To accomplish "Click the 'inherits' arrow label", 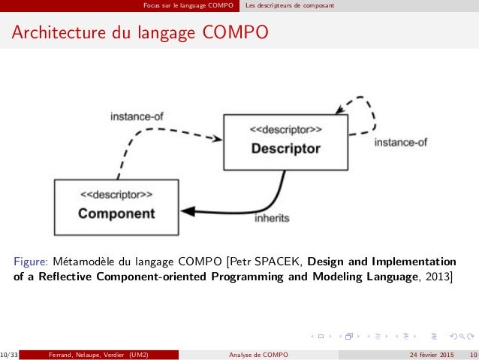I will (x=272, y=218).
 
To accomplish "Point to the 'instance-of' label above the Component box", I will (x=137, y=116).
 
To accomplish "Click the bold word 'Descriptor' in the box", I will (x=285, y=149).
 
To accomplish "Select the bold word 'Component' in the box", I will (x=116, y=213).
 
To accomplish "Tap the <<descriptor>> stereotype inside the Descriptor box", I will (x=285, y=129).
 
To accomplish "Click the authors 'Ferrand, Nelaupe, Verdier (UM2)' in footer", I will (x=98, y=354).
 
